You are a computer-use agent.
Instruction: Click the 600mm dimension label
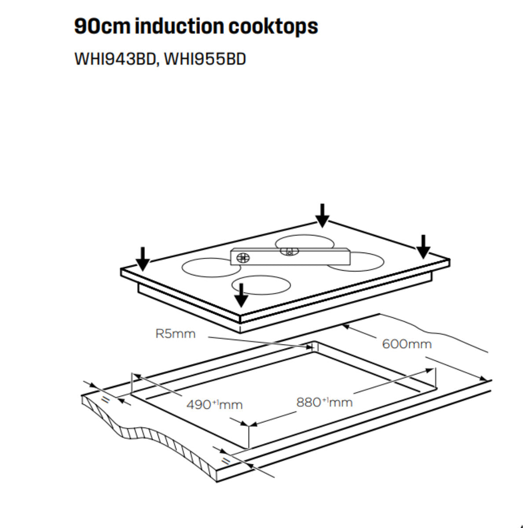tap(407, 344)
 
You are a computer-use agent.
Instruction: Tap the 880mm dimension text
tap(324, 402)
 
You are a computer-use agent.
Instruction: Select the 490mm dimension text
tap(214, 404)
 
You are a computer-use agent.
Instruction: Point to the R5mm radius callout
tap(175, 334)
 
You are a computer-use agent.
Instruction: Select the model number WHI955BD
tap(205, 59)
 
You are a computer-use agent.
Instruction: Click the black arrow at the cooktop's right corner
tap(423, 247)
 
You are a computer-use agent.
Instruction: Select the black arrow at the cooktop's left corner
tap(142, 259)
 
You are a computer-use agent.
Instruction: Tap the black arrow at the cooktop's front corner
tap(241, 295)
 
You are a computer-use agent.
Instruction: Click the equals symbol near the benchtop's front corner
tap(226, 460)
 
